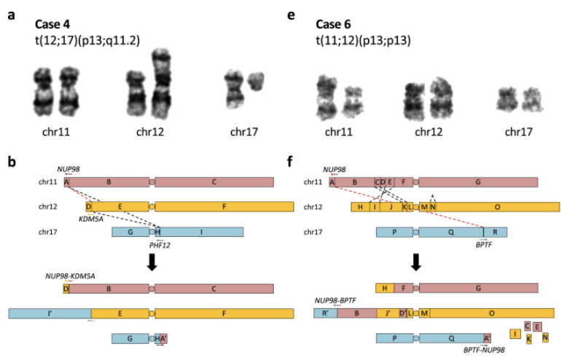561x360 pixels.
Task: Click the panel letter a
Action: tap(12, 15)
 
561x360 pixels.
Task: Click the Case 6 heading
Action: tap(333, 24)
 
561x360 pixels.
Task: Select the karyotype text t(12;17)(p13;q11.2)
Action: tap(87, 40)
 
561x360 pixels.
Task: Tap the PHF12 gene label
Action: tap(160, 246)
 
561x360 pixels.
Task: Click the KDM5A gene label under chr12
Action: tap(91, 219)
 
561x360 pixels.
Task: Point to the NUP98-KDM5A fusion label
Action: tap(70, 276)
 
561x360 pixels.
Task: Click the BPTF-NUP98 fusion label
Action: tap(484, 350)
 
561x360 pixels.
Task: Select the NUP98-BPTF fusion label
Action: tap(335, 300)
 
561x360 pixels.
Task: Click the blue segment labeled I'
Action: tap(50, 313)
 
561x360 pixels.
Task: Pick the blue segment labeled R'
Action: tap(326, 313)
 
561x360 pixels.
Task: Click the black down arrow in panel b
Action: tap(152, 262)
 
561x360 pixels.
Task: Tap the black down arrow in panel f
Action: tap(416, 262)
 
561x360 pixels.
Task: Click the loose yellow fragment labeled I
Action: tap(515, 334)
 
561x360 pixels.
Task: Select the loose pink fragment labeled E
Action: tap(537, 326)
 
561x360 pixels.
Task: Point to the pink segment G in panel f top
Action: tap(478, 182)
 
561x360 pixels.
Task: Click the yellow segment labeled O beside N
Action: tap(498, 207)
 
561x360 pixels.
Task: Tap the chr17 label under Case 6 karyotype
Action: tap(519, 132)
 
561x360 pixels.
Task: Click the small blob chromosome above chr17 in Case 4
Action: tap(256, 81)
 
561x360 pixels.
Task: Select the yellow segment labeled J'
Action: tap(388, 313)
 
